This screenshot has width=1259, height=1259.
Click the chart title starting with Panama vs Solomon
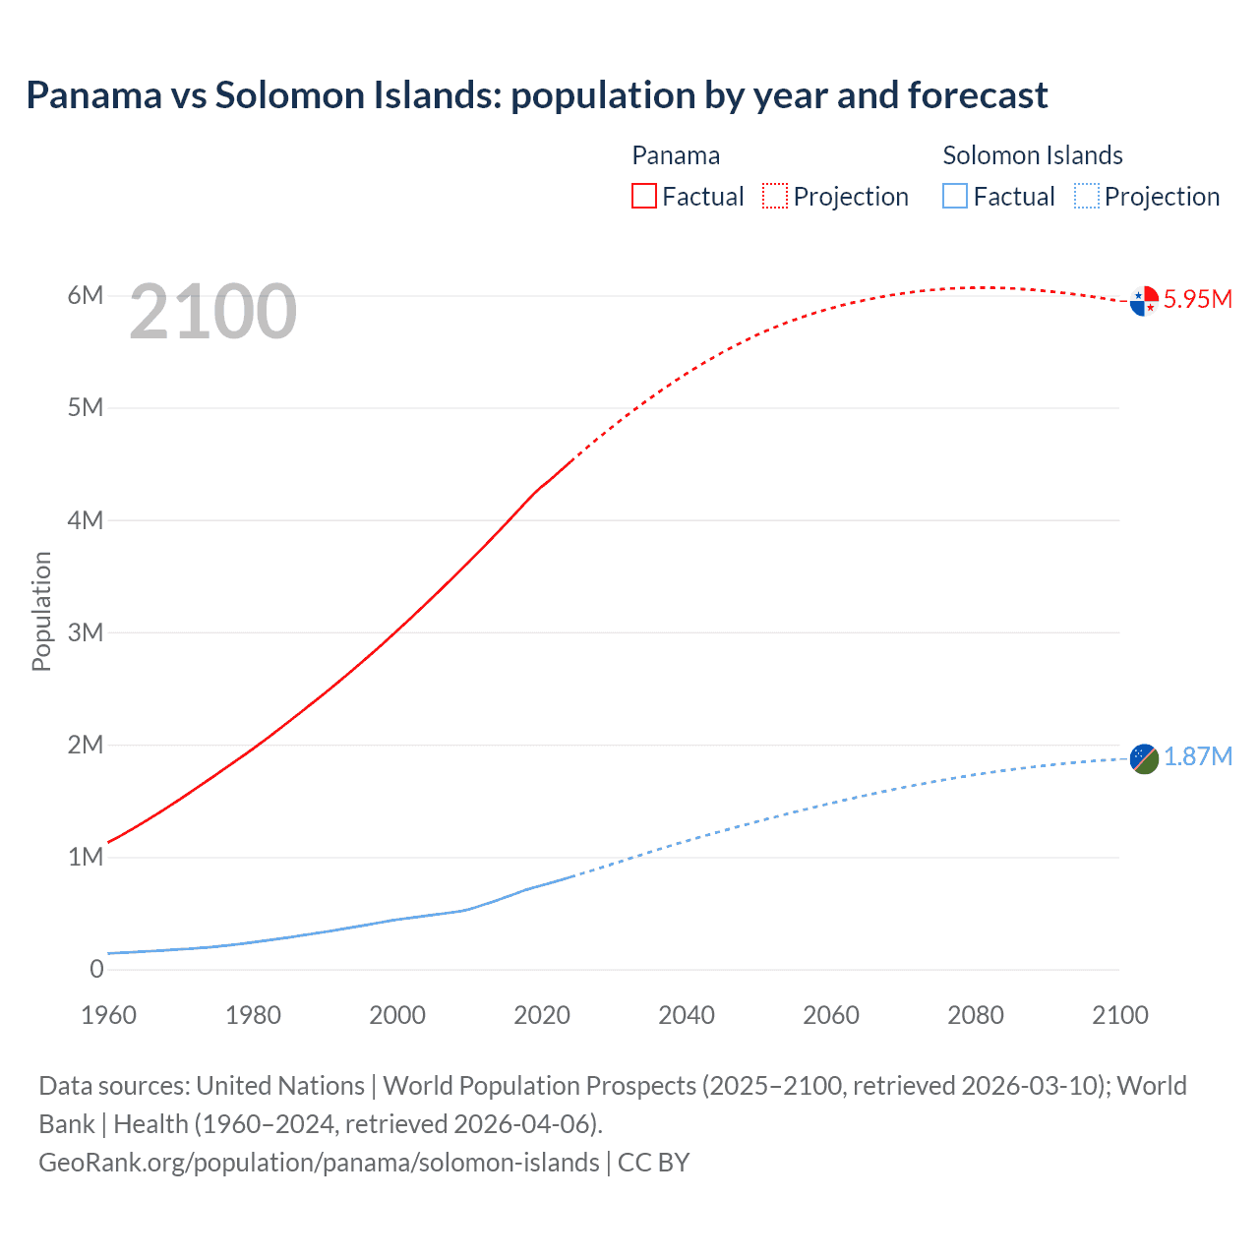(536, 95)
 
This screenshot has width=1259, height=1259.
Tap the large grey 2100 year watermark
(212, 312)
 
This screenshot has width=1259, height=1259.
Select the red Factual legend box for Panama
(643, 197)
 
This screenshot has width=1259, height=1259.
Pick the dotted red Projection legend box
(775, 197)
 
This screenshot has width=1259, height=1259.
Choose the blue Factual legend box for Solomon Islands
(955, 197)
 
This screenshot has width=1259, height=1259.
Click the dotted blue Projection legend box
(1087, 197)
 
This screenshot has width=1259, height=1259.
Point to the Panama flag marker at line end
(1144, 301)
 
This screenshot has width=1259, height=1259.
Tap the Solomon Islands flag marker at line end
(1144, 758)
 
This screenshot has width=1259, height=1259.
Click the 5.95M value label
(1197, 300)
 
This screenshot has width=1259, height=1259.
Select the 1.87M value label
(1197, 756)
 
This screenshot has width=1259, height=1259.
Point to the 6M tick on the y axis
(86, 296)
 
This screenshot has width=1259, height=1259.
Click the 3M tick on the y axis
(86, 632)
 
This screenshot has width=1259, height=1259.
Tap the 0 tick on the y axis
(96, 969)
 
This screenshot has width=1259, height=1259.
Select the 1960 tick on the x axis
(108, 1015)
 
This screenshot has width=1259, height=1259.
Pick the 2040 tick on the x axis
(687, 1015)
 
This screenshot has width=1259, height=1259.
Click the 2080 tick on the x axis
(976, 1015)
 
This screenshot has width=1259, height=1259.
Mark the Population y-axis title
(41, 611)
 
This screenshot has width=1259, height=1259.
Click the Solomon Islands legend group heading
(1033, 155)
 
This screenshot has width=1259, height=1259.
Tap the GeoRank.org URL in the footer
(319, 1162)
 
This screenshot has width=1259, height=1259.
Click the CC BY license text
(653, 1162)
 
